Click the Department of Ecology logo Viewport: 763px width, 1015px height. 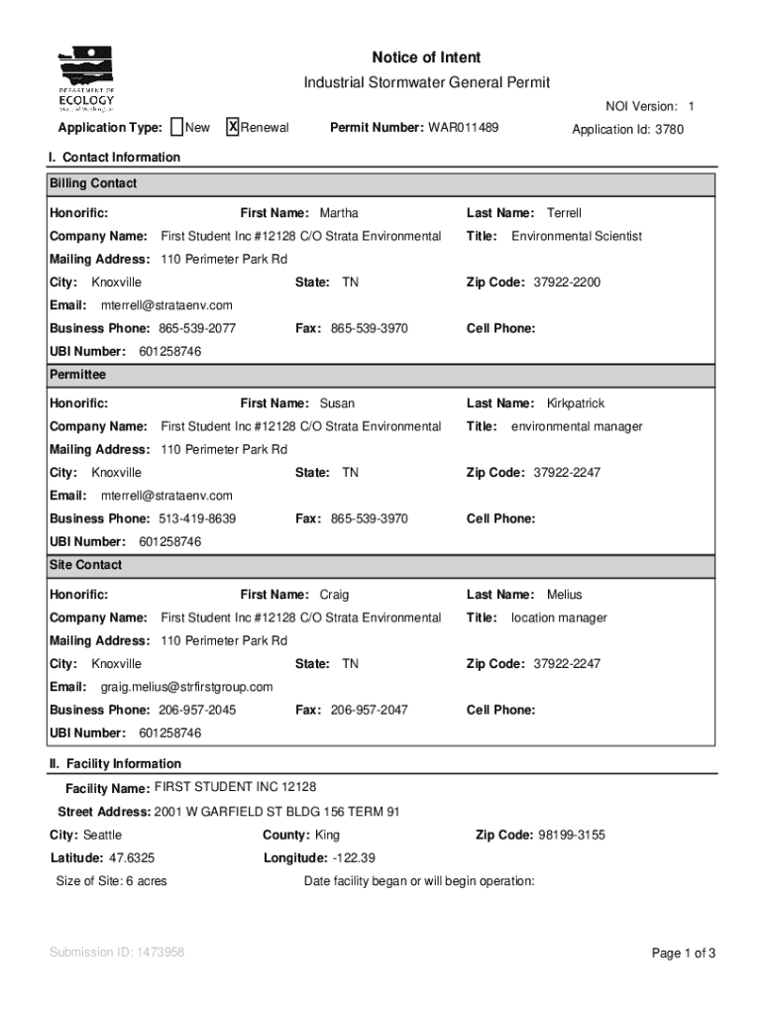click(87, 79)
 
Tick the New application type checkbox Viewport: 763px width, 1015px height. click(176, 127)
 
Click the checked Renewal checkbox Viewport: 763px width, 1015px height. click(233, 127)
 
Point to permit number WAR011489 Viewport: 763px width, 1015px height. click(463, 128)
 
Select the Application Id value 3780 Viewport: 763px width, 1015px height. click(669, 130)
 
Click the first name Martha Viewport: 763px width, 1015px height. click(339, 213)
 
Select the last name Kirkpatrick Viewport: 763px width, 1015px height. click(575, 403)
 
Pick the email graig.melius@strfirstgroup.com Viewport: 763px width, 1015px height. click(186, 687)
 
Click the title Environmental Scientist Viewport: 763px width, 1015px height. click(576, 236)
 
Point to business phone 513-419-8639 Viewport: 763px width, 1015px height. click(196, 518)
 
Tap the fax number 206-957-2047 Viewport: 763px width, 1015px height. click(369, 710)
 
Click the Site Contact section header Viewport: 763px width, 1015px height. click(86, 565)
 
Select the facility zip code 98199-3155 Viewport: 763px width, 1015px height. click(572, 836)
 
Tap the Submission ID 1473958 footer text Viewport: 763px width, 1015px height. click(117, 953)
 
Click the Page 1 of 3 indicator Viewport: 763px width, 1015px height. click(683, 954)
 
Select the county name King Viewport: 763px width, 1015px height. click(327, 836)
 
